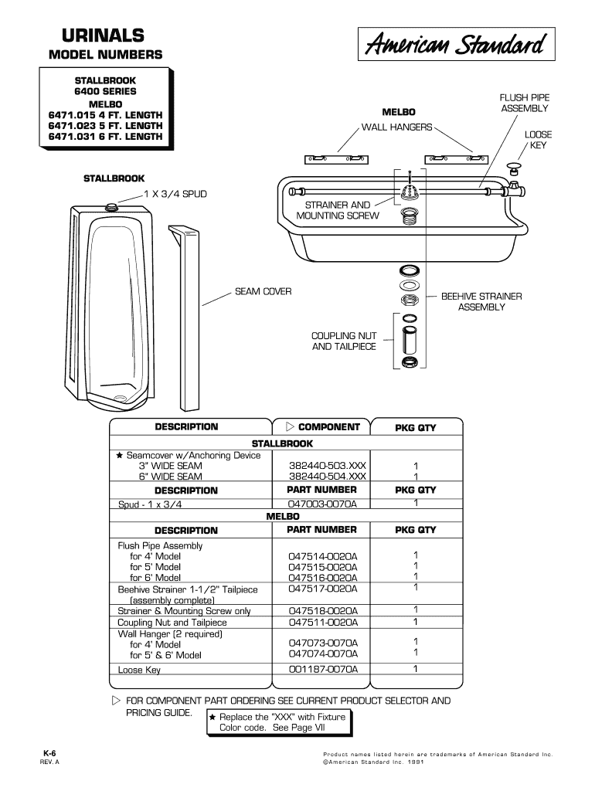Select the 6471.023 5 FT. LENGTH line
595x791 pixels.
tap(106, 125)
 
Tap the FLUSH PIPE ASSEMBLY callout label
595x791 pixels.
tap(523, 104)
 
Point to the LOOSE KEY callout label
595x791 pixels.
tap(538, 140)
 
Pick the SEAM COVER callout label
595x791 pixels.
tap(263, 292)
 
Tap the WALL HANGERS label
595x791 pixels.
tap(397, 127)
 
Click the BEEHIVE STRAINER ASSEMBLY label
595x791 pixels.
tap(481, 301)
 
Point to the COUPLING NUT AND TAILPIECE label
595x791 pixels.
tap(344, 341)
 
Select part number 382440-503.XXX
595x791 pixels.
tap(327, 466)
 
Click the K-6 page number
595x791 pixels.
tap(50, 752)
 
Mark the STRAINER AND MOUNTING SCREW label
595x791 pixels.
tap(338, 210)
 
